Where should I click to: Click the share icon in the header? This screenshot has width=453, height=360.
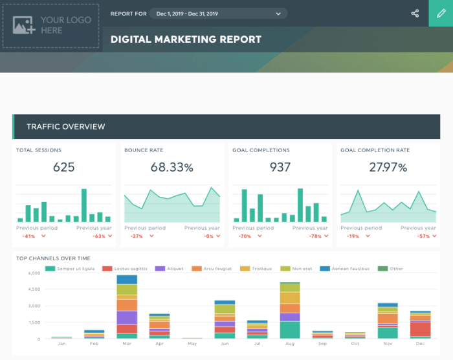pos(415,13)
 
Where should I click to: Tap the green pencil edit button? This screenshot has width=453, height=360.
pos(441,13)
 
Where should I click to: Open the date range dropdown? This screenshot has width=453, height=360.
pos(218,14)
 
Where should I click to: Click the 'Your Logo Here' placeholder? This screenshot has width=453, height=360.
pos(51,26)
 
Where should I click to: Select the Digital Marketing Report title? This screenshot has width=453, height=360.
pos(186,39)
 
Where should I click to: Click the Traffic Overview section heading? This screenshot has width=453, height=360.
pos(65,126)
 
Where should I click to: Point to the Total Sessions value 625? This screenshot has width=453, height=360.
pos(63,167)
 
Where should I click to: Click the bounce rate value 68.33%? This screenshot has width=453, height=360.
pos(171,168)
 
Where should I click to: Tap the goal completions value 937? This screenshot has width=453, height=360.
pos(280,167)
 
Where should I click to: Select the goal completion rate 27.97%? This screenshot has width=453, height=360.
pos(388,168)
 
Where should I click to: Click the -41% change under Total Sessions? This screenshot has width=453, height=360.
pos(28,236)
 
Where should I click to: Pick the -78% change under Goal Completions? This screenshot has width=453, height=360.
pos(315,236)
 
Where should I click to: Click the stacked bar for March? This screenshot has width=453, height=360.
pos(127,307)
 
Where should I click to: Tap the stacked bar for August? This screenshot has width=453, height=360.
pos(290,311)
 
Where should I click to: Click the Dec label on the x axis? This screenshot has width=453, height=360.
pos(421,344)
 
